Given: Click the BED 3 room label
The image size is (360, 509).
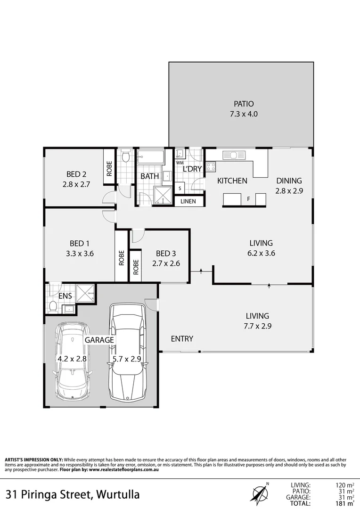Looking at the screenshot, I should pyautogui.click(x=165, y=254).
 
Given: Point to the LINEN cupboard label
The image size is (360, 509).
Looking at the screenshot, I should pyautogui.click(x=189, y=201).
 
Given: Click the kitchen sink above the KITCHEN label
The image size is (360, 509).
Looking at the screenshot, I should pyautogui.click(x=234, y=155).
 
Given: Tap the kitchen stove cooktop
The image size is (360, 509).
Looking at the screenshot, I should pyautogui.click(x=211, y=166).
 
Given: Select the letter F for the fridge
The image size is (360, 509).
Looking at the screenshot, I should pyautogui.click(x=248, y=199).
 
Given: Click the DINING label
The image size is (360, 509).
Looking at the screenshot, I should pyautogui.click(x=289, y=181).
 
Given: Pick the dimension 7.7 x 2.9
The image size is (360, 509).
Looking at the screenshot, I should pyautogui.click(x=257, y=326).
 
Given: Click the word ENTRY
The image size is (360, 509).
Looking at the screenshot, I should pyautogui.click(x=182, y=339).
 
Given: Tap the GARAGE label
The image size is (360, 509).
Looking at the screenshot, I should pyautogui.click(x=99, y=339).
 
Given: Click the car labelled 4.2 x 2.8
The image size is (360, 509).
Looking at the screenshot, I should pyautogui.click(x=73, y=361).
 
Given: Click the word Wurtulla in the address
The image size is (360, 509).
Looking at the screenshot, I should pyautogui.click(x=118, y=495).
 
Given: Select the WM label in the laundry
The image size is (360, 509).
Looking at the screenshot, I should pyautogui.click(x=180, y=163).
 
